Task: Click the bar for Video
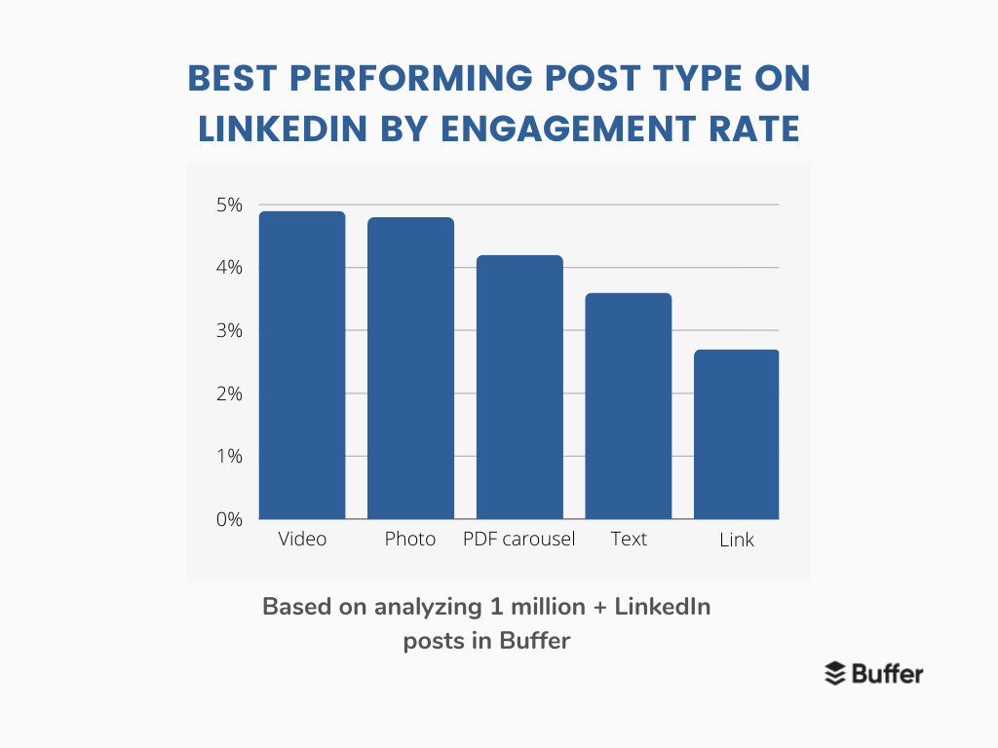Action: point(302,365)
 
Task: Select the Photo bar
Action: point(410,368)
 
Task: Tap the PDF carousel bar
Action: point(519,388)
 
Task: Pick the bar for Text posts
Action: point(629,406)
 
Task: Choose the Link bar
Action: point(737,434)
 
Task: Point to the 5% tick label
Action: point(229,205)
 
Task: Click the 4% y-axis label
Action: point(229,267)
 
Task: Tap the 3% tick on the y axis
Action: point(229,330)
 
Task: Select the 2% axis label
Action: point(229,393)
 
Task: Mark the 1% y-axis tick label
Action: point(230,456)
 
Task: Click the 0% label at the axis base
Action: point(229,520)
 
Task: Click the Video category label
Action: point(302,539)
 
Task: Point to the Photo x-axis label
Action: point(410,539)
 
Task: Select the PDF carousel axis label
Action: point(518,539)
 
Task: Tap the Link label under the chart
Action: point(737,540)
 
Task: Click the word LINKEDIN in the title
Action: point(283,129)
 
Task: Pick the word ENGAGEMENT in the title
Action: point(568,129)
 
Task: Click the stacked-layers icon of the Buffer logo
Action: point(835,674)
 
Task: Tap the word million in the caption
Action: point(548,607)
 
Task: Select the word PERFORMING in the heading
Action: point(410,78)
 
